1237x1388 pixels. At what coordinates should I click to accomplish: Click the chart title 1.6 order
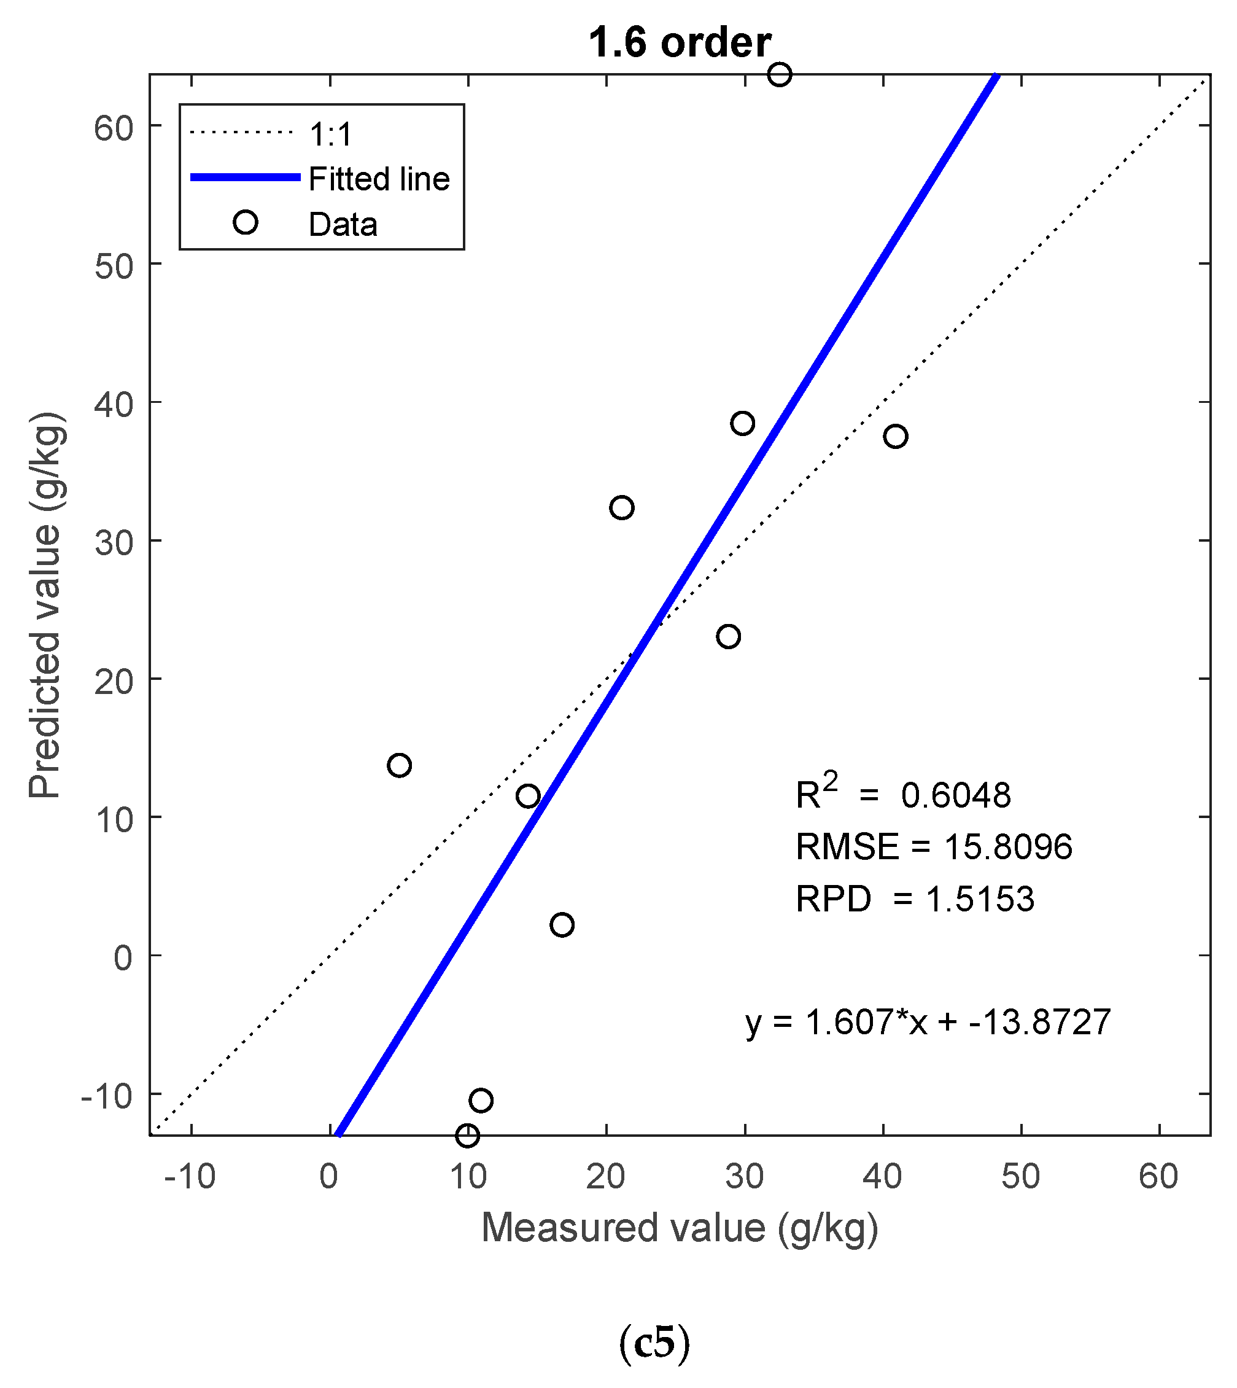coord(679,42)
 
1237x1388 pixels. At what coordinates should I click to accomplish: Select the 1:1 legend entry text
coord(331,134)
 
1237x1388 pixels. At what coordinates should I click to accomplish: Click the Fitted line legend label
coord(379,179)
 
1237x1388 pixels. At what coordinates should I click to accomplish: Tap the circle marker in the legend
coord(246,222)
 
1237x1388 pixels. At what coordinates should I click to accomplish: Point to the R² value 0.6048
coord(956,795)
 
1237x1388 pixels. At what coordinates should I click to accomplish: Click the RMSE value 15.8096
coord(1008,847)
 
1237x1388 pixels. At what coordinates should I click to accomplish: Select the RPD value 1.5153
coord(979,899)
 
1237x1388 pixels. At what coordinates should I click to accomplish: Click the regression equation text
coord(928,1022)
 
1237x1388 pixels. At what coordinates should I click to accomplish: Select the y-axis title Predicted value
coord(45,604)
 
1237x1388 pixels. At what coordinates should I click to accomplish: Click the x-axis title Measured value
coord(679,1228)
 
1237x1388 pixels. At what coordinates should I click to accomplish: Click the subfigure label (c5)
coord(654,1342)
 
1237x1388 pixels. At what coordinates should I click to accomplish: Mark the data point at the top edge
coord(779,74)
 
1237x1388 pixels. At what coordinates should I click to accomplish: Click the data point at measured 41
coord(895,436)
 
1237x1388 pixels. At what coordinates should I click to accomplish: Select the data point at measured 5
coord(399,765)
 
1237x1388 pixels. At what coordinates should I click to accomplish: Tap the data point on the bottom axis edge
coord(467,1135)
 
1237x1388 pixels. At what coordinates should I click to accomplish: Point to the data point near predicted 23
coord(728,636)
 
